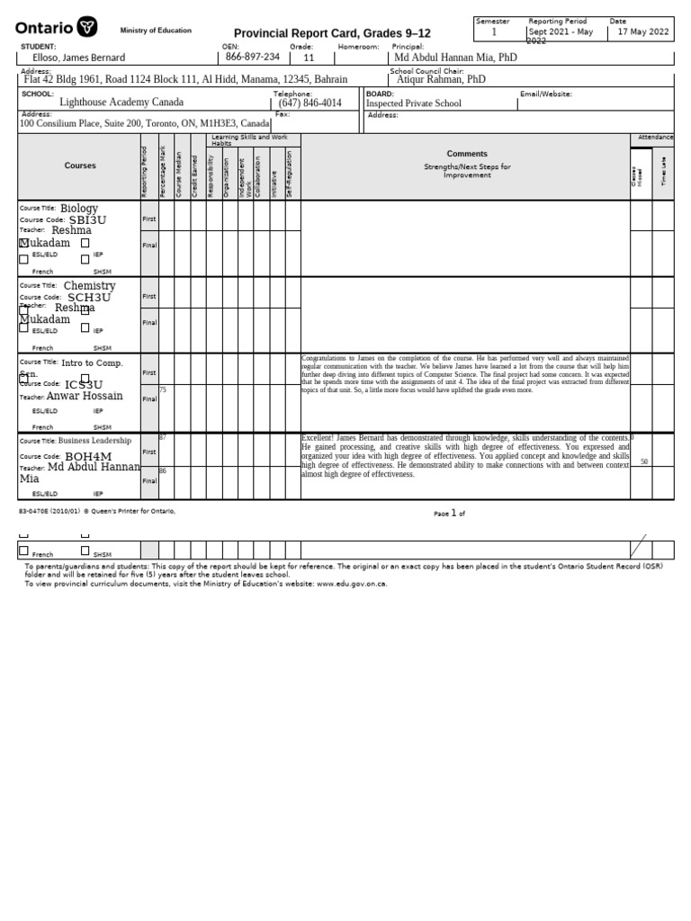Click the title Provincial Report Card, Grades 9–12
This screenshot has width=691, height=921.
point(332,33)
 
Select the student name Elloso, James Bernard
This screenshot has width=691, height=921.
point(72,58)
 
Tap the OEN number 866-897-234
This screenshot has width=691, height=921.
point(252,57)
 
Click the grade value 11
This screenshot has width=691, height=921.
point(309,58)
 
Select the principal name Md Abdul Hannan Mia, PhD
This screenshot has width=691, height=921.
point(456,58)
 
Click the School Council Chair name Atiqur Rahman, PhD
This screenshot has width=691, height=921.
point(441,79)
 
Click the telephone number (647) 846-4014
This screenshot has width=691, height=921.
point(310,103)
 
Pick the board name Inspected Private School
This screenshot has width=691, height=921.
point(413,103)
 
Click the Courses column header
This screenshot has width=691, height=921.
point(79,165)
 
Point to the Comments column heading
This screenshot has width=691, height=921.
point(466,154)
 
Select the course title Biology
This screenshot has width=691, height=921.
point(79,209)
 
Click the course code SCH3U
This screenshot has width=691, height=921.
point(89,298)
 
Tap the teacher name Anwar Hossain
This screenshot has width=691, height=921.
point(85,396)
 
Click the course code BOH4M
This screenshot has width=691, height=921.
point(88,457)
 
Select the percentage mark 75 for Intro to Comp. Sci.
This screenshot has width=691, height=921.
point(163,390)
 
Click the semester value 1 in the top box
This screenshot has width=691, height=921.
point(494,32)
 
